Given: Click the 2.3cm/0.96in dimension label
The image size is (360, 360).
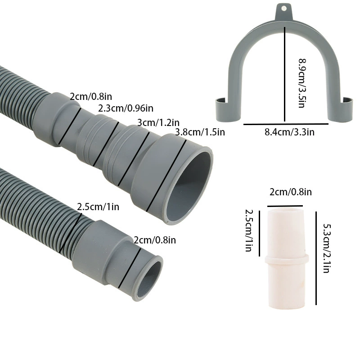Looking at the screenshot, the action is click(x=126, y=108).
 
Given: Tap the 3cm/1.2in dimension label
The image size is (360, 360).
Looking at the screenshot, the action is click(x=158, y=122).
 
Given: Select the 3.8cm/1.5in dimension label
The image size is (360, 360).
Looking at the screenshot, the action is click(x=200, y=132).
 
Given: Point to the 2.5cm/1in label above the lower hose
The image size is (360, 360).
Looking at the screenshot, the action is click(x=98, y=207).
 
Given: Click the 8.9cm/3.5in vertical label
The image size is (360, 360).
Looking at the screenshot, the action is click(x=302, y=83).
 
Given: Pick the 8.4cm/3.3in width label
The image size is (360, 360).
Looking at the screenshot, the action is click(x=289, y=132).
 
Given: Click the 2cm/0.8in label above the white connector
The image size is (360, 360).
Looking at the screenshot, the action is click(x=291, y=192).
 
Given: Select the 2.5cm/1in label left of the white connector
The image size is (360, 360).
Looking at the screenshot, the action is click(x=249, y=230).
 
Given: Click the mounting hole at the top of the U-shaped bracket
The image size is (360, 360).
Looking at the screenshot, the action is click(x=284, y=9).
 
